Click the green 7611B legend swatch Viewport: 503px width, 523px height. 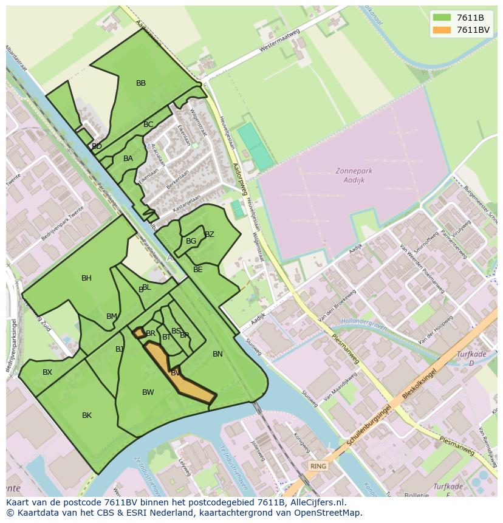[442, 18]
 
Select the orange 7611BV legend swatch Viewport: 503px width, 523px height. [442, 30]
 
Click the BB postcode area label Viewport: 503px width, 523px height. [141, 83]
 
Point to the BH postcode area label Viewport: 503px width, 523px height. [86, 278]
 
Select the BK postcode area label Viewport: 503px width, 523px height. [87, 415]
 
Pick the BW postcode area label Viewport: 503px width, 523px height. [148, 392]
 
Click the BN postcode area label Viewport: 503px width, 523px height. [217, 354]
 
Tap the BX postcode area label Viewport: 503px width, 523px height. [47, 372]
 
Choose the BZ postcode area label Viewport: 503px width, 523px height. [210, 234]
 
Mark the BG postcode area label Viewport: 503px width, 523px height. [191, 241]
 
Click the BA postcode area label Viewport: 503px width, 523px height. [128, 159]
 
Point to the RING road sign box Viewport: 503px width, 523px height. [318, 466]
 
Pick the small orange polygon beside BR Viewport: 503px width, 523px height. [139, 333]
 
